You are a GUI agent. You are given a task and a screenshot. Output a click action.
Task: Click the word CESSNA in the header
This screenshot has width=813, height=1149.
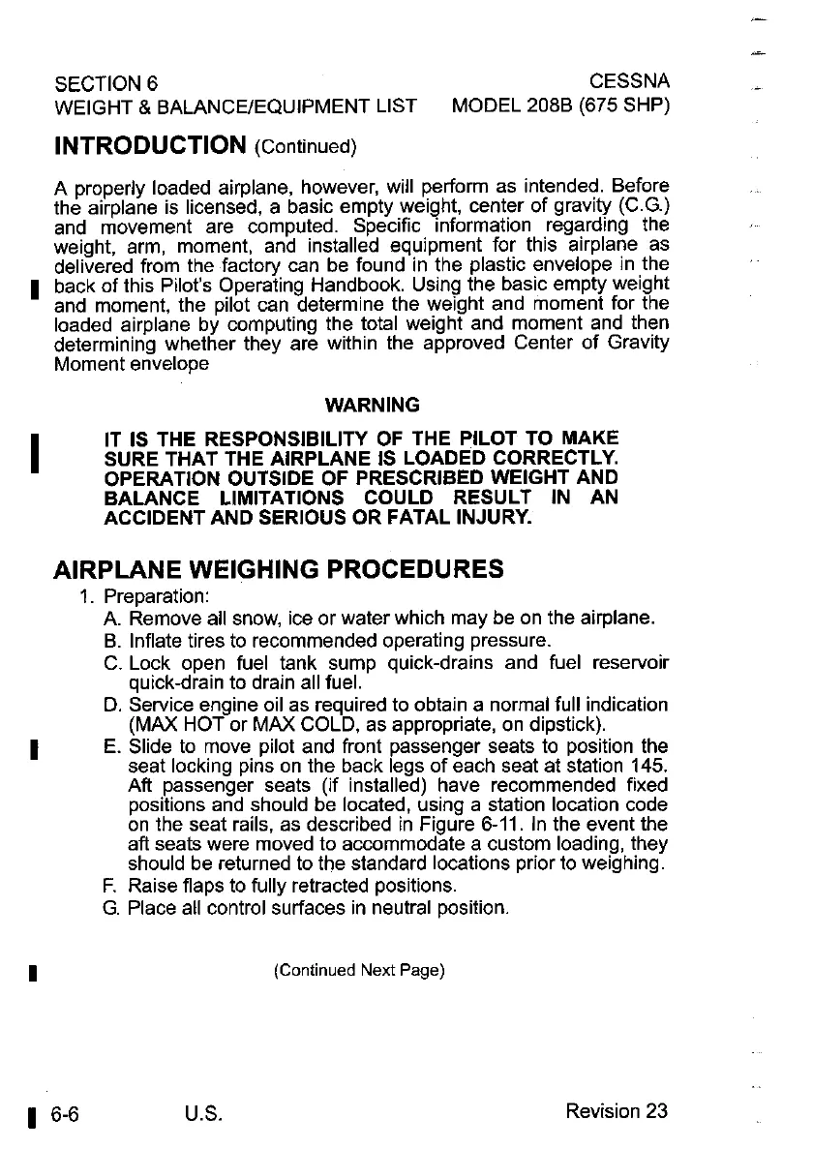click(x=629, y=79)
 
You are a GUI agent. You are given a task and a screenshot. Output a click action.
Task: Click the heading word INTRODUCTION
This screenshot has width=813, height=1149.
click(x=150, y=146)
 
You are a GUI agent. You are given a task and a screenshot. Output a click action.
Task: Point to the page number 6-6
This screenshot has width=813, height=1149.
click(x=67, y=1112)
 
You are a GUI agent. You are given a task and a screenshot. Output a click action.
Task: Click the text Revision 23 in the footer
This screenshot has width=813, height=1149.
click(x=617, y=1111)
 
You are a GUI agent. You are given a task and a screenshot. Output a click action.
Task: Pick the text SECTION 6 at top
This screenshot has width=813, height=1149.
click(x=107, y=80)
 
